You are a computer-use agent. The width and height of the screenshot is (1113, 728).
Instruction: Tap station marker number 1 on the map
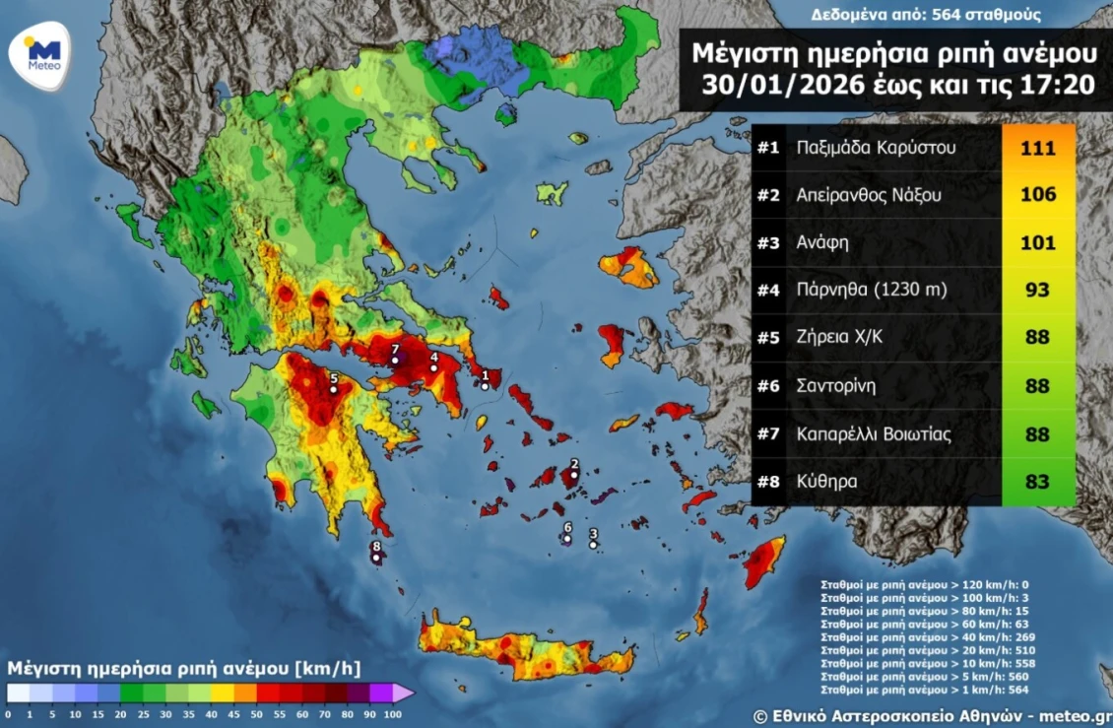(486, 386)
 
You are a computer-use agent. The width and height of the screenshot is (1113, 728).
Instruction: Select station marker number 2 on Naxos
(574, 475)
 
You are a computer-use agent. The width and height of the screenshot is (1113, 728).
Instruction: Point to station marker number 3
(593, 545)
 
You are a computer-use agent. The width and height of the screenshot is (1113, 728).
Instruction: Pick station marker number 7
(395, 361)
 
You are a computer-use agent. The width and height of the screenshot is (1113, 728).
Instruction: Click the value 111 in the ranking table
(1038, 149)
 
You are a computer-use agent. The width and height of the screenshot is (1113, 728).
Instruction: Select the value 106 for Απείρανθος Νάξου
(1038, 196)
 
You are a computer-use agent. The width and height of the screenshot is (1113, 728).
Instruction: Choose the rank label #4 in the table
(768, 291)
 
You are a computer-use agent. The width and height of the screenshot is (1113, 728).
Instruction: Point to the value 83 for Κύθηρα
(1038, 482)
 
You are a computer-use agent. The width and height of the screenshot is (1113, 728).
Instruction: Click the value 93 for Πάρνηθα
(1038, 291)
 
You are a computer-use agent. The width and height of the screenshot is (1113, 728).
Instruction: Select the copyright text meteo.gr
(1077, 715)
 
